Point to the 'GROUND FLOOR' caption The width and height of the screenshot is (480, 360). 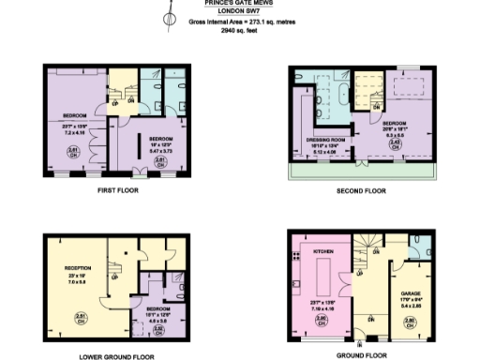click(361, 355)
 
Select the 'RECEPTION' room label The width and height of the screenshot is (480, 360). click(77, 267)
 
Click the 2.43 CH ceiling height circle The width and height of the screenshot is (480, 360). click(397, 143)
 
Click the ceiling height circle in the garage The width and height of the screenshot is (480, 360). click(409, 322)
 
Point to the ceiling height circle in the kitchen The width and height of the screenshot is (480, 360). click(321, 320)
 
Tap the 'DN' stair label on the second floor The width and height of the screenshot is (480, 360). click(375, 107)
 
